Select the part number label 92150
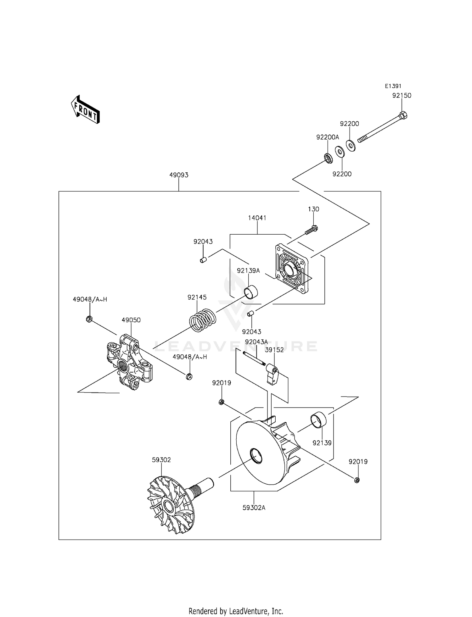point(402,96)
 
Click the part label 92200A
point(328,137)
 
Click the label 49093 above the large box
point(179,175)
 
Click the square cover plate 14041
point(292,269)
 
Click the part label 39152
point(274,350)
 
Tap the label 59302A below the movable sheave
point(254,508)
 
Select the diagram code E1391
point(393,86)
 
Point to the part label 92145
point(197,297)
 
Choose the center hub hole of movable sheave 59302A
point(256,456)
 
